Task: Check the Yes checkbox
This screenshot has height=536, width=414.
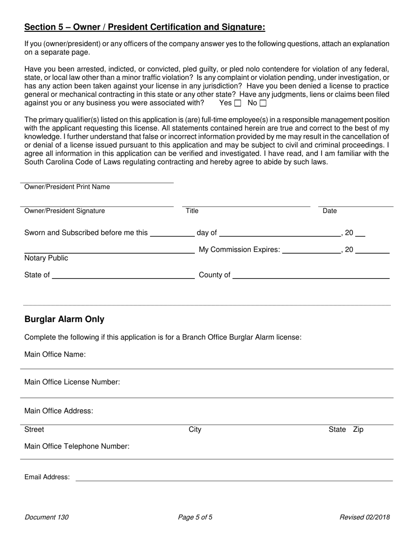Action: tap(238, 103)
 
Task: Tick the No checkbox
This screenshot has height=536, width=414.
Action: tap(263, 103)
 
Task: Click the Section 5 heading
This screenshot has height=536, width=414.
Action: tap(144, 27)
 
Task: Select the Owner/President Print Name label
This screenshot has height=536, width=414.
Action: tap(67, 187)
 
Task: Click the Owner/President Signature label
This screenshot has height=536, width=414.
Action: tap(64, 211)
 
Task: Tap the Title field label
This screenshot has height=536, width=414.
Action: tap(192, 211)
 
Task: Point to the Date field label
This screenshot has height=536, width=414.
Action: tap(329, 211)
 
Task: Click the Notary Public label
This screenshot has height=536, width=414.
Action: tap(46, 258)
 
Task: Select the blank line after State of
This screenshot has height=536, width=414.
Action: tap(123, 275)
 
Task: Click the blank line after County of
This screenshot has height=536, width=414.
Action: tap(311, 275)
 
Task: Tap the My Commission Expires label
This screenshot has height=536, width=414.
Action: tap(239, 250)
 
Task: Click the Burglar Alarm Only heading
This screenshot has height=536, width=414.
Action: tap(64, 319)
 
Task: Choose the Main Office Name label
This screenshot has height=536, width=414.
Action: tap(55, 354)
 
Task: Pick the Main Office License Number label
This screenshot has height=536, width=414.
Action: tap(72, 382)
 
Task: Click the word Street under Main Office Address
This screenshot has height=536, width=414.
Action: tap(34, 430)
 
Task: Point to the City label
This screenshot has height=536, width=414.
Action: tap(195, 430)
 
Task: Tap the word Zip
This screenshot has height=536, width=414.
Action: tap(358, 430)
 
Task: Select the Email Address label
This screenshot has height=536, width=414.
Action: tap(47, 477)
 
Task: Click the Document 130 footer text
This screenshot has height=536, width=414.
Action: tap(47, 518)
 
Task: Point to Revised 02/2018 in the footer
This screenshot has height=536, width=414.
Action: tap(365, 518)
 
